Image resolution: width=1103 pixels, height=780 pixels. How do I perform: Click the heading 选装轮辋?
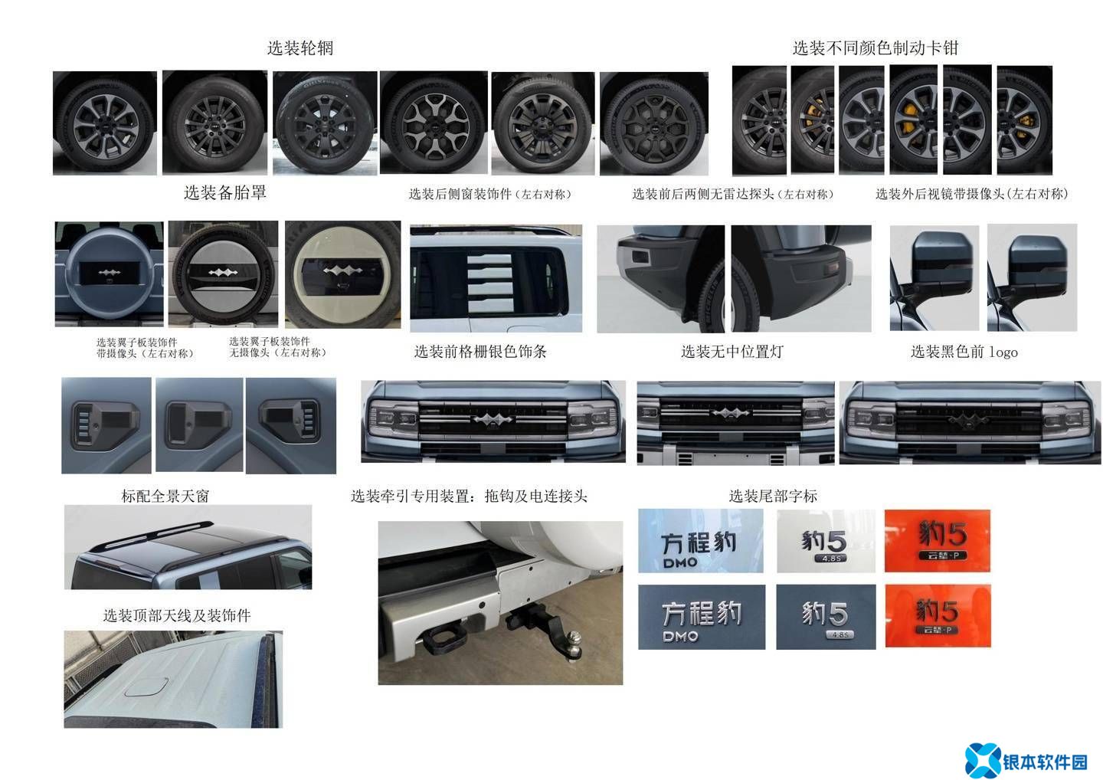[x=300, y=48]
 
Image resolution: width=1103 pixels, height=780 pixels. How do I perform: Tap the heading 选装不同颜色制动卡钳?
[x=875, y=48]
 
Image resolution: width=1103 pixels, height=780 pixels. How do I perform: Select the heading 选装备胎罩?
[x=225, y=192]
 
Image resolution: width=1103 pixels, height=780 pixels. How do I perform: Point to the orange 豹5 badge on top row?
[x=938, y=541]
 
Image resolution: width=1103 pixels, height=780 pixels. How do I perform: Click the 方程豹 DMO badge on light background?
[x=701, y=541]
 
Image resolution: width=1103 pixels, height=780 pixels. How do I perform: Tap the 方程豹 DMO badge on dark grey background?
[x=702, y=617]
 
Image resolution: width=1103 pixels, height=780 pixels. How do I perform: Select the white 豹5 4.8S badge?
[x=826, y=541]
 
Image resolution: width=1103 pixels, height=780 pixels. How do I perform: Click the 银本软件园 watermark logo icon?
[x=982, y=761]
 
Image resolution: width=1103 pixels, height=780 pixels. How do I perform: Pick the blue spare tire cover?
[x=110, y=274]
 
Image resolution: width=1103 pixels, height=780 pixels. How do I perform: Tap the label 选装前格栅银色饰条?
[x=480, y=352]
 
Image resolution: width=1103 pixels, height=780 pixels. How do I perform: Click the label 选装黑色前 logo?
[x=964, y=352]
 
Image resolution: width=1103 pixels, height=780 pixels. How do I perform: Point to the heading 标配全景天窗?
[x=165, y=496]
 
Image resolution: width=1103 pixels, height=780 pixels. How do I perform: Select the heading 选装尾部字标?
[x=773, y=496]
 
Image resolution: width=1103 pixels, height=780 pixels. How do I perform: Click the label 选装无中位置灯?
[x=732, y=352]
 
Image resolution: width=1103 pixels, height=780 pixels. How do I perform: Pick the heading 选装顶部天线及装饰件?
[x=177, y=615]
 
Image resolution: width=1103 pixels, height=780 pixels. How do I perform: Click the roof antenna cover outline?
[x=146, y=687]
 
